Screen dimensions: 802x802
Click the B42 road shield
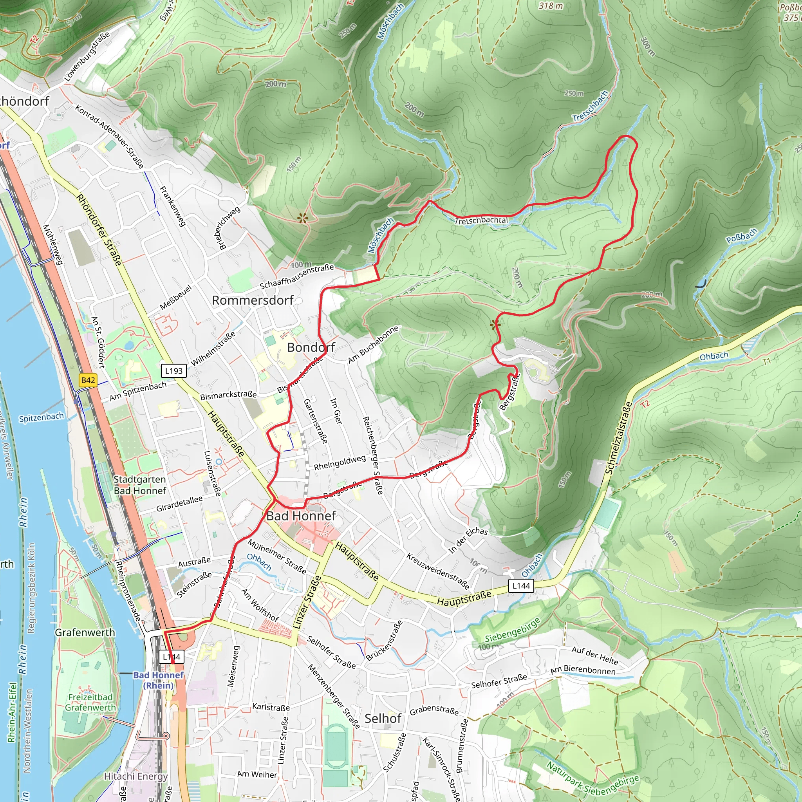(88, 380)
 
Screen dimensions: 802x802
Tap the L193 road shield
(173, 371)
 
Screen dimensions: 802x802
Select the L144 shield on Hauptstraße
(521, 586)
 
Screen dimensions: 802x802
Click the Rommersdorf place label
(253, 300)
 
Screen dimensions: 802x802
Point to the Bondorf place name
(311, 347)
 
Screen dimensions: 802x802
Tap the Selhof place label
(383, 719)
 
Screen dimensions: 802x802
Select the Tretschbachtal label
(481, 220)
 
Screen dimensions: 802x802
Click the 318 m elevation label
(551, 6)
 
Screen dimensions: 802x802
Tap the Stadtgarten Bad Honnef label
(139, 485)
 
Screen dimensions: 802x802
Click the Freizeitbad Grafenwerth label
(90, 703)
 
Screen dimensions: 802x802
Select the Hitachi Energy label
(136, 776)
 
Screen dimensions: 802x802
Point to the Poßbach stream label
(741, 236)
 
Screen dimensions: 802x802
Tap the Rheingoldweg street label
(340, 462)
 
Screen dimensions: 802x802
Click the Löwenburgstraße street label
(87, 56)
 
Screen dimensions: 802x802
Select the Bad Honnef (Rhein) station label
(158, 680)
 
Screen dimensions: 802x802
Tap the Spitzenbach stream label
(41, 417)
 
